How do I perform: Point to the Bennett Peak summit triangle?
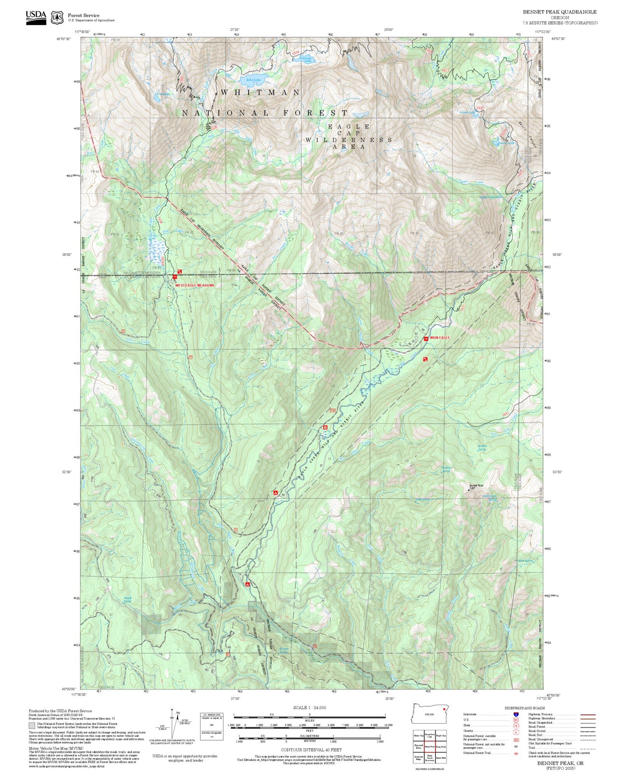point(469,489)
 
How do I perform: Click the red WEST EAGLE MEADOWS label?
point(194,286)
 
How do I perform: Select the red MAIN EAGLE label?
point(440,338)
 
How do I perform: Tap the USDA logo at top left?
point(36,17)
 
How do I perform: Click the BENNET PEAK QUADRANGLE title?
point(559,12)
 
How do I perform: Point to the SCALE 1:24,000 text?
point(309,707)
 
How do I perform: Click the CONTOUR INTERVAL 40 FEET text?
point(311,750)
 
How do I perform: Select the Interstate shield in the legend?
point(516,714)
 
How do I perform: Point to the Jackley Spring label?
point(482,448)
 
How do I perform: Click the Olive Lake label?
point(162,94)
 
